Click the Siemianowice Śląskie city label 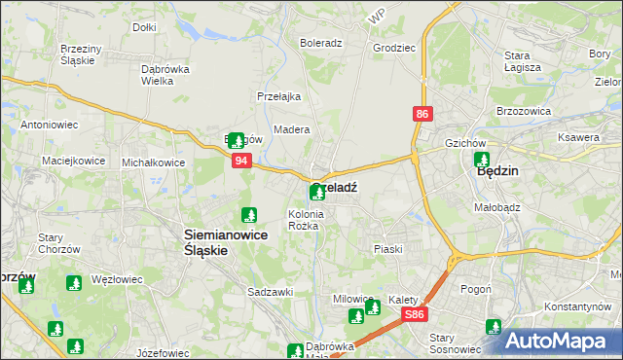click(x=206, y=241)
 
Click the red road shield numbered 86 click(x=421, y=115)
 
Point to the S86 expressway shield click(x=416, y=314)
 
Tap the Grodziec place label click(x=393, y=46)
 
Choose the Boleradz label click(x=320, y=44)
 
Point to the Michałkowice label click(x=154, y=162)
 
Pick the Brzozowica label click(x=524, y=112)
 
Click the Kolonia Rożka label click(x=304, y=220)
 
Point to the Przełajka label click(x=278, y=96)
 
